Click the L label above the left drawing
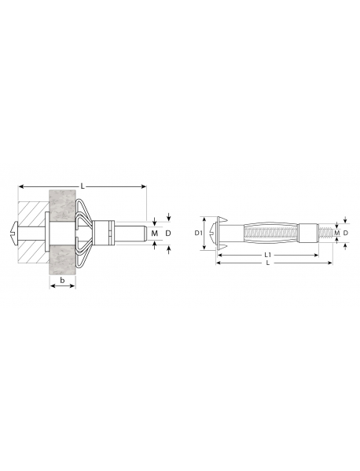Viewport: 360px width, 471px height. coord(83,186)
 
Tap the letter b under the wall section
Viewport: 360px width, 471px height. coord(62,280)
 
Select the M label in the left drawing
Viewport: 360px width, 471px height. coord(154,233)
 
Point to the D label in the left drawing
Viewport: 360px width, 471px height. coord(168,233)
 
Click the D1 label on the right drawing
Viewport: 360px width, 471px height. coord(197,233)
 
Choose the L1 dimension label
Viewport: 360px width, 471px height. coord(268,255)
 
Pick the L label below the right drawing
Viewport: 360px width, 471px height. coord(268,263)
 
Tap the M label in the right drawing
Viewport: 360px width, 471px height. coord(337,233)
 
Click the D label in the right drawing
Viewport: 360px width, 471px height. coord(346,233)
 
